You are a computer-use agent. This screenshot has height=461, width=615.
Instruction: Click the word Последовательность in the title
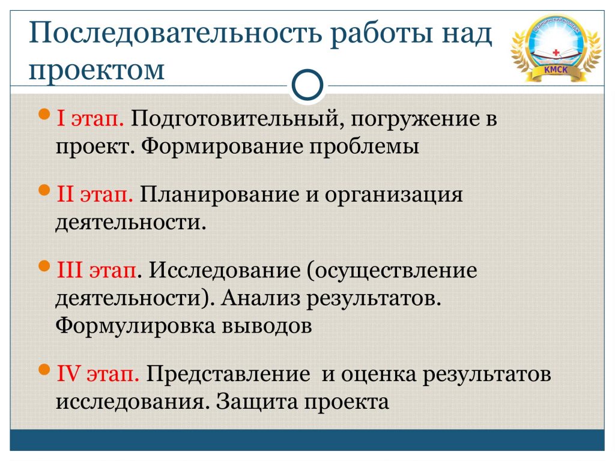[x=175, y=34]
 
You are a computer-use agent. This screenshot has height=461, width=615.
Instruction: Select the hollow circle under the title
[x=307, y=85]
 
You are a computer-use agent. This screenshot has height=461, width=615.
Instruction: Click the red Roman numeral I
[x=61, y=118]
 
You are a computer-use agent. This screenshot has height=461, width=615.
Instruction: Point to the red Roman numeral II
[x=65, y=194]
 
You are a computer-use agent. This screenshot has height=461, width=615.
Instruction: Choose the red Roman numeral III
[x=70, y=270]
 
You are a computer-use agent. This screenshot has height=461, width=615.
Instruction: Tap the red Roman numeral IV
[x=69, y=373]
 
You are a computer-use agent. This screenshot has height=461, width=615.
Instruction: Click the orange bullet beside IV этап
[x=44, y=370]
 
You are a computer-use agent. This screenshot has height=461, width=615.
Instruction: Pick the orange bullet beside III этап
[x=44, y=266]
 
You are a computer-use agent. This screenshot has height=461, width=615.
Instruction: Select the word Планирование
[x=219, y=194]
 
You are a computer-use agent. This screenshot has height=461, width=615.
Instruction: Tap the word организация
[x=394, y=195]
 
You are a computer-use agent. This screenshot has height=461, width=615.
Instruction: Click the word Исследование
[x=225, y=270]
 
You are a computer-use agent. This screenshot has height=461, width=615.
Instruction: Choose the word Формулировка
[x=135, y=326]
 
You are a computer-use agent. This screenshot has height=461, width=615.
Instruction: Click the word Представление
[x=228, y=373]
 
